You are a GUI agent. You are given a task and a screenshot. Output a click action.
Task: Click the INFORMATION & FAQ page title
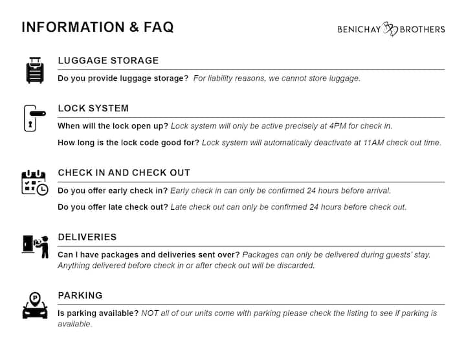[98, 27]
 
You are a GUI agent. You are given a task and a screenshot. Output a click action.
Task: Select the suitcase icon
[35, 69]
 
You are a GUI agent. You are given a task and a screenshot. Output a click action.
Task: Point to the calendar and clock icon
[34, 183]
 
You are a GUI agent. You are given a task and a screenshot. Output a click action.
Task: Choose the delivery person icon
[36, 246]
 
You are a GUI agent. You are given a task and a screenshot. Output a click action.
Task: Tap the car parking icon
[35, 305]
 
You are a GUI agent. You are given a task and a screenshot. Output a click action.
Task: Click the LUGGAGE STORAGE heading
[108, 61]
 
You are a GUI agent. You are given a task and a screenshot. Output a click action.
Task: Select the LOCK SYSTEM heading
[93, 109]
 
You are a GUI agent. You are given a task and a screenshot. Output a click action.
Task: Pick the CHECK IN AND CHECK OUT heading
[124, 173]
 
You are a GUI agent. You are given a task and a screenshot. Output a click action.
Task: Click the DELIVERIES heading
[87, 238]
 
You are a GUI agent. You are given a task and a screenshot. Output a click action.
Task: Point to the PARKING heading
[80, 296]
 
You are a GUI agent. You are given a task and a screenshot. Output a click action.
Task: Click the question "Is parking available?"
[98, 313]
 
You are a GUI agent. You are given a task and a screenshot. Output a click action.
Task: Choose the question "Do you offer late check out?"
[113, 207]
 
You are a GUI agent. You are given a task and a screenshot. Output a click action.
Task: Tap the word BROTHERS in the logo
[422, 29]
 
